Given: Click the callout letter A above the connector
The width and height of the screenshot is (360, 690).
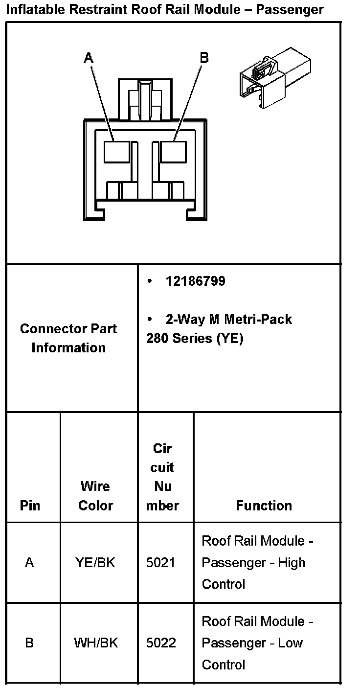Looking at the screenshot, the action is (89, 58).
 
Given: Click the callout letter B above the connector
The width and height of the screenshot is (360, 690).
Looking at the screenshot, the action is (204, 58).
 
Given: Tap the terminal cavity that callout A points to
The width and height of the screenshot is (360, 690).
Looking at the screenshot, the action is (116, 151).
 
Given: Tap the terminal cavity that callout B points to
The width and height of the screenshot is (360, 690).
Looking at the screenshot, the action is (173, 151).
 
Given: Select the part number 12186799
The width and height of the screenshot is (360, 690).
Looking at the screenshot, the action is (195, 281).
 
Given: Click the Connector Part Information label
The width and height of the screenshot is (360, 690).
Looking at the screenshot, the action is (68, 338).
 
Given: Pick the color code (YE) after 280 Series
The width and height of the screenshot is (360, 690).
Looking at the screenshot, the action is (229, 338).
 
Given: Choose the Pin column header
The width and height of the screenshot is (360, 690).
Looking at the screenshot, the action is (30, 506).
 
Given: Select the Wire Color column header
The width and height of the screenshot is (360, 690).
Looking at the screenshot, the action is (96, 496).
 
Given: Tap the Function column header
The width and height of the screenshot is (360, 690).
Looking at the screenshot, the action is (264, 506).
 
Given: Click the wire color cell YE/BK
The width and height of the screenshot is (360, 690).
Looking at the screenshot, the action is (95, 563).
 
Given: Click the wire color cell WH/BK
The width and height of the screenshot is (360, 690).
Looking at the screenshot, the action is (96, 643).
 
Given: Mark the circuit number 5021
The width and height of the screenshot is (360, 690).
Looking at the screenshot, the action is (160, 563).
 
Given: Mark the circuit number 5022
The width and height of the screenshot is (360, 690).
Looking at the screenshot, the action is (161, 643).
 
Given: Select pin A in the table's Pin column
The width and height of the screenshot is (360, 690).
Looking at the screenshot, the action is (29, 563).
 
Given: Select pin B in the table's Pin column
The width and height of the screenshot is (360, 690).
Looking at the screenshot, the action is (29, 643).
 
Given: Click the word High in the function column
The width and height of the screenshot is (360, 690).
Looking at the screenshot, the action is (292, 563).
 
